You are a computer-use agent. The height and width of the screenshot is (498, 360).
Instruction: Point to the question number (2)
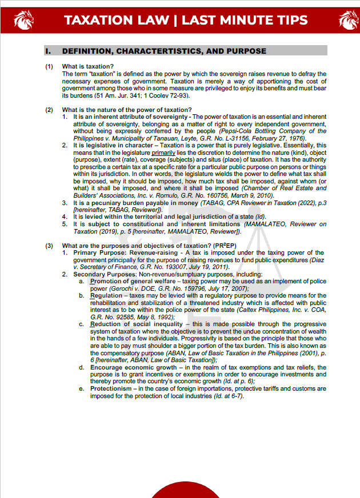50,110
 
